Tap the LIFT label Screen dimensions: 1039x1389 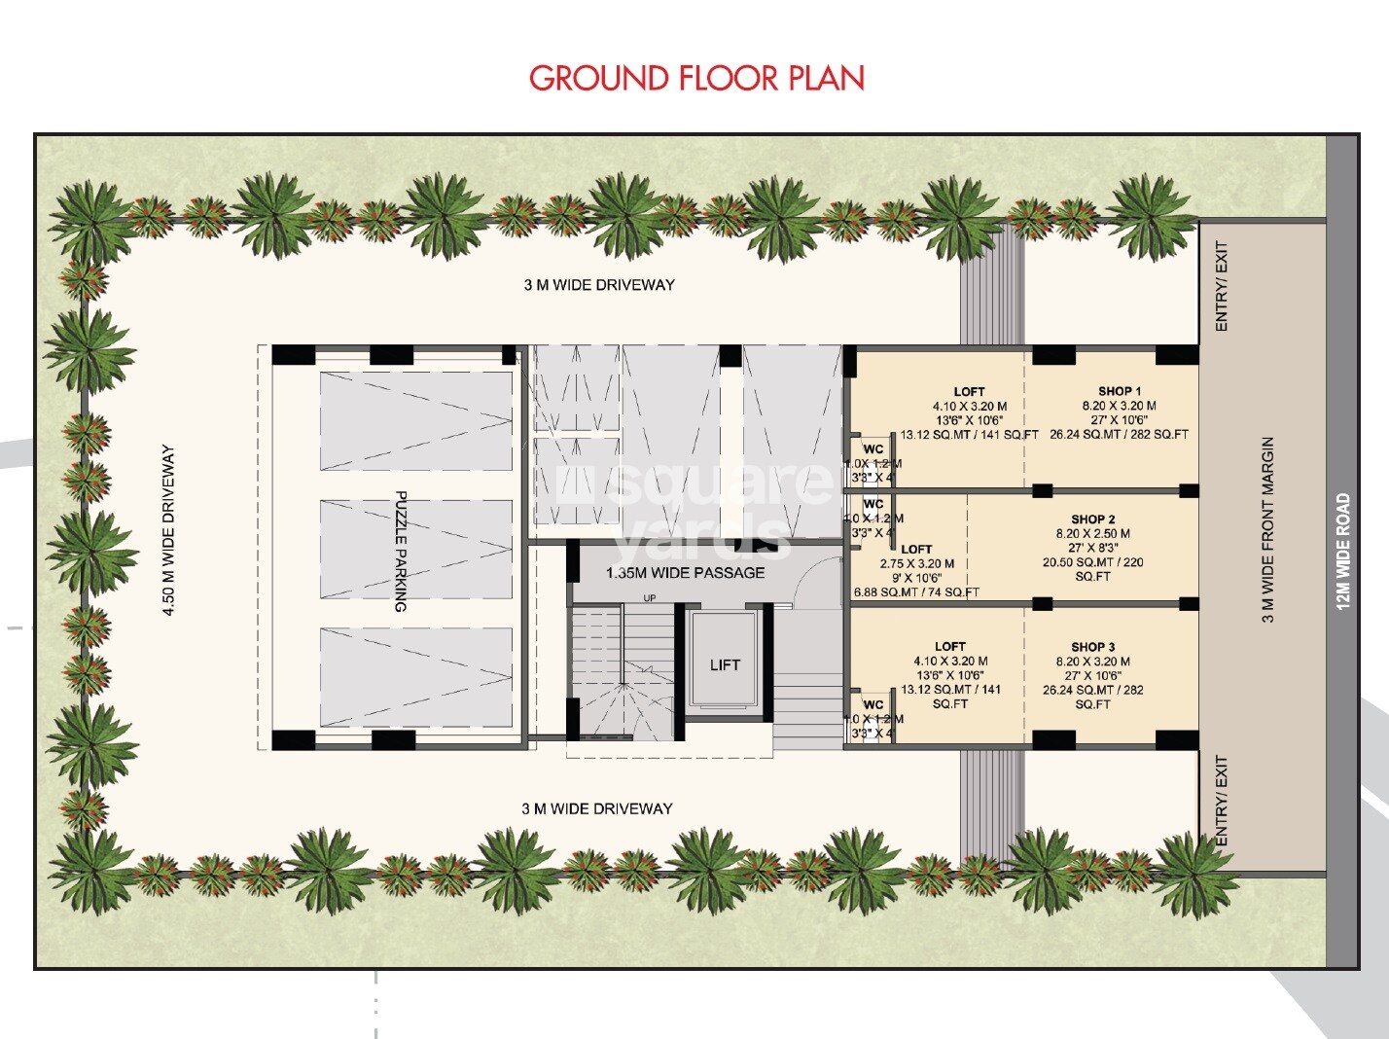(725, 665)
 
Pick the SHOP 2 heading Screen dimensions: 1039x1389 (1092, 519)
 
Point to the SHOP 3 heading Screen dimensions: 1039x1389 (1092, 647)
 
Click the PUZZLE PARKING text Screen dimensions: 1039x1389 (400, 551)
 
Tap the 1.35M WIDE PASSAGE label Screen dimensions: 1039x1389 (685, 573)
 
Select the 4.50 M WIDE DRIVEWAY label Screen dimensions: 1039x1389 (169, 530)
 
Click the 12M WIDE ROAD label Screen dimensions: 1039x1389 (1343, 551)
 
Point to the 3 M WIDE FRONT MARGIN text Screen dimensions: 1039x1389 (1267, 529)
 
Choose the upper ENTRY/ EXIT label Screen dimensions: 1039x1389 (1222, 286)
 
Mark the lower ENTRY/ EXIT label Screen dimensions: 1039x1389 (1222, 801)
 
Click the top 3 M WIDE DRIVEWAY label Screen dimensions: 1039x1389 (599, 285)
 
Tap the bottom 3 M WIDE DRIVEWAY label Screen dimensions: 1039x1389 (597, 808)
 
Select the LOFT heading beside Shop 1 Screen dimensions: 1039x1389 (969, 392)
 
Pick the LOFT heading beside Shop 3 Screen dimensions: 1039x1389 (949, 647)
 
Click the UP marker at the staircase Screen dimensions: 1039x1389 (648, 597)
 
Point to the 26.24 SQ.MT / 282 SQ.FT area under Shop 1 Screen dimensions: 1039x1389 (1119, 435)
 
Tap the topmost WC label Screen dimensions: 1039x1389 (873, 449)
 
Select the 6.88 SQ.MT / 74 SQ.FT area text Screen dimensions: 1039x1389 (915, 591)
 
